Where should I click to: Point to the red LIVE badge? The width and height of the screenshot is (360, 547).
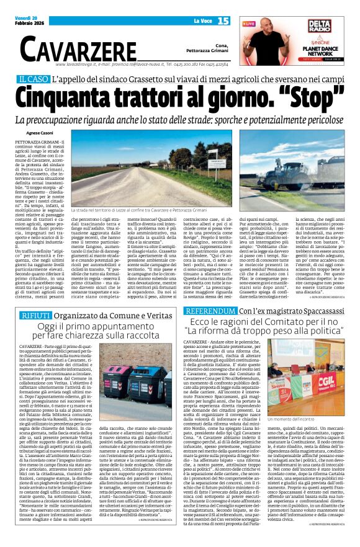[x=250, y=23]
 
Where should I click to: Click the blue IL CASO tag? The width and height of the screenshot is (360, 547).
[x=34, y=79]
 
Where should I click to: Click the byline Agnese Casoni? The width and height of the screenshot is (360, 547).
[x=40, y=133]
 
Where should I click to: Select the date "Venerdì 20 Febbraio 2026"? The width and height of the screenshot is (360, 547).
[x=27, y=8]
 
